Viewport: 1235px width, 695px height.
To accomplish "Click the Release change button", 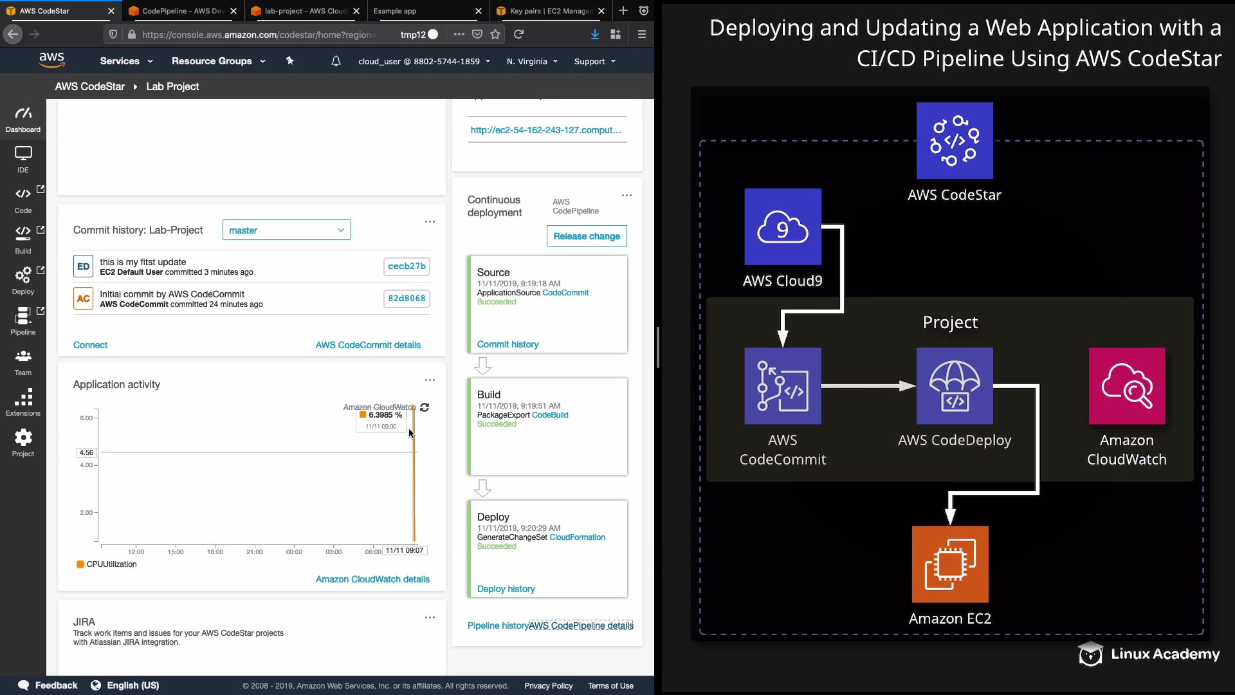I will (586, 236).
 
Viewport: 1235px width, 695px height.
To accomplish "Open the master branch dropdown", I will (286, 230).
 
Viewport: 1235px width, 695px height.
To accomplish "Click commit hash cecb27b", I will (407, 266).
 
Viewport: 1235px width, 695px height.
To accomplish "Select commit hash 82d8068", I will (407, 299).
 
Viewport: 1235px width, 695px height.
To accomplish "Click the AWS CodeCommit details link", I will (368, 345).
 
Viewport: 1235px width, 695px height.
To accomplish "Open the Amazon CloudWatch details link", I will (372, 579).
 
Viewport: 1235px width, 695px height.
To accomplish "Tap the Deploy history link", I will (506, 589).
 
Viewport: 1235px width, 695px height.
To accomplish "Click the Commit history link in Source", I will (508, 344).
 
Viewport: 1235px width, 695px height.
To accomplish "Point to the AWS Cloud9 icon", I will (782, 227).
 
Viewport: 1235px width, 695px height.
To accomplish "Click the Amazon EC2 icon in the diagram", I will (950, 564).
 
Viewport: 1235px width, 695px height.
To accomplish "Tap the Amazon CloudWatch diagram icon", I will (1126, 386).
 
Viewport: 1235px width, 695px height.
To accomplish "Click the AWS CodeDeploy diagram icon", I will (955, 386).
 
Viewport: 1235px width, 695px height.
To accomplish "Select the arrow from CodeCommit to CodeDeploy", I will (868, 386).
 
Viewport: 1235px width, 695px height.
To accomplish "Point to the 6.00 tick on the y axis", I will (87, 418).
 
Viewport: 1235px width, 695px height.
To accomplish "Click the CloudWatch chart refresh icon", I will (425, 407).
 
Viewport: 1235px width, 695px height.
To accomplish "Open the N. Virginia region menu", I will (532, 62).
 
